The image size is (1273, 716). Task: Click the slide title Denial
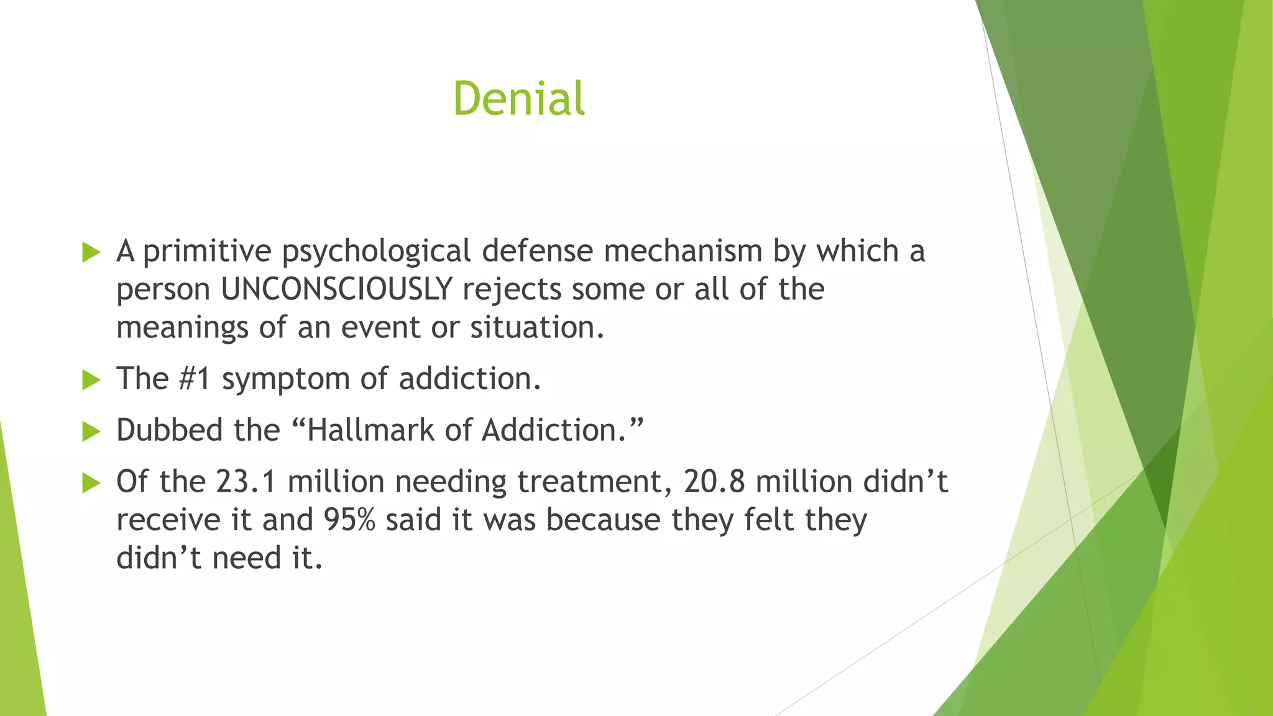pos(518,98)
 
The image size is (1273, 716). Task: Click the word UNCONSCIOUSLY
pos(336,289)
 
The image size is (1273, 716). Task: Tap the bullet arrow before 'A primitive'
pos(91,252)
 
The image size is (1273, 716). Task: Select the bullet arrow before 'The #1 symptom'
pos(91,380)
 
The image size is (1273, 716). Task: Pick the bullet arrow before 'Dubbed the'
pos(91,431)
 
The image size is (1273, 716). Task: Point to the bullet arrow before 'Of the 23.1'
pos(91,483)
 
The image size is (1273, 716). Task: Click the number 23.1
pos(246,482)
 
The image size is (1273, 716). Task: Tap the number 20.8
pos(714,482)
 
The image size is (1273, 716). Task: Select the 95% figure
pos(349,520)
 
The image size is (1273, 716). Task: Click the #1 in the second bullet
pos(195,379)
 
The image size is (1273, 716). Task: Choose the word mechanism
pos(682,251)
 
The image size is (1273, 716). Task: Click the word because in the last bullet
pos(602,520)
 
